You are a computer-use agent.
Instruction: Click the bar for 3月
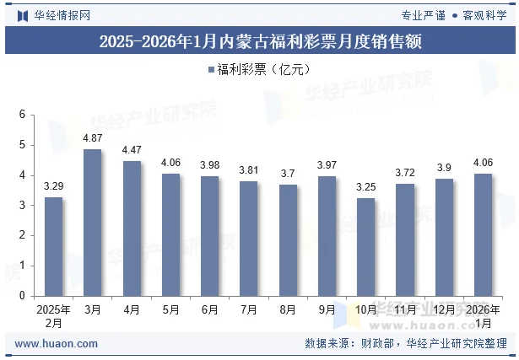[93, 223]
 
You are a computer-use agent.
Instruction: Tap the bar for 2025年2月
[53, 246]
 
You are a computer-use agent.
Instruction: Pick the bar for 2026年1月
[484, 234]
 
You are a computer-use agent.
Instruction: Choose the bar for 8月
[288, 240]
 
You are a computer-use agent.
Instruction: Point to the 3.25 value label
[366, 187]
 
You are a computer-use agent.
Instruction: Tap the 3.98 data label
[210, 165]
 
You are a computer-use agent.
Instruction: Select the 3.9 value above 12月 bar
[445, 168]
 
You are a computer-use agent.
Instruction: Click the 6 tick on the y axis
[23, 115]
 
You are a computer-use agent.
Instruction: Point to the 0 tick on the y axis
[23, 296]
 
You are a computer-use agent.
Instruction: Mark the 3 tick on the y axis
[23, 206]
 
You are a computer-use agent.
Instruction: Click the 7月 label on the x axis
[249, 309]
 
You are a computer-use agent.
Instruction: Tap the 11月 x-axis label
[405, 309]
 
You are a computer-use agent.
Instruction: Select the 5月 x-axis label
[170, 309]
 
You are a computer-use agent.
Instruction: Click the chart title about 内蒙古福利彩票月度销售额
[259, 40]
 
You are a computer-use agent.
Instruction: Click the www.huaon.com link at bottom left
[57, 344]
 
